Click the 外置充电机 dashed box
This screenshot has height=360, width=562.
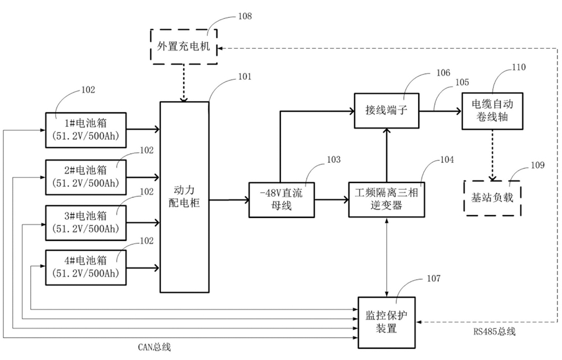[x=184, y=47]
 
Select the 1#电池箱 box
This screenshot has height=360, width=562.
[x=87, y=130]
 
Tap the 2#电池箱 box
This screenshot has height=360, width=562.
[x=87, y=176]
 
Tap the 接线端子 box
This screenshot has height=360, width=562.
[x=386, y=110]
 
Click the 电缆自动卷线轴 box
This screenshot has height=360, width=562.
[x=492, y=110]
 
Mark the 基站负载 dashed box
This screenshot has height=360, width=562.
[x=492, y=197]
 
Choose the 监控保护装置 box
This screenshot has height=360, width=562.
[x=387, y=320]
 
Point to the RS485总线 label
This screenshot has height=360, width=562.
[x=494, y=331]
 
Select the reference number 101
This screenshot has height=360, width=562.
[x=245, y=76]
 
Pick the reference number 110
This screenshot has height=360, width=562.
[x=519, y=67]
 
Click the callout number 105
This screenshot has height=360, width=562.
[x=463, y=82]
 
